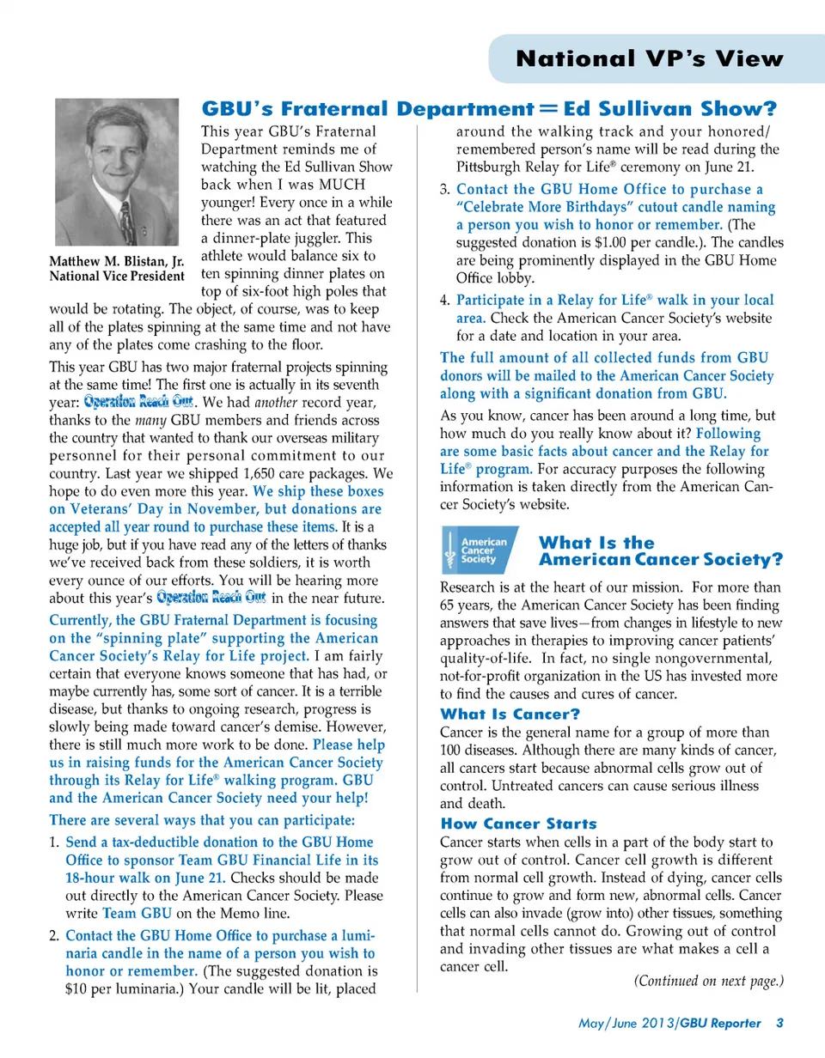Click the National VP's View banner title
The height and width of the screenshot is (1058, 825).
[x=650, y=59]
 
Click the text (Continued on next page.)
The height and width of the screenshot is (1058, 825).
[x=708, y=981]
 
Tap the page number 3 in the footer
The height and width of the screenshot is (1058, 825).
[x=779, y=1023]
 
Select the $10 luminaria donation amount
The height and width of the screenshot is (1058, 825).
[x=76, y=988]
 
